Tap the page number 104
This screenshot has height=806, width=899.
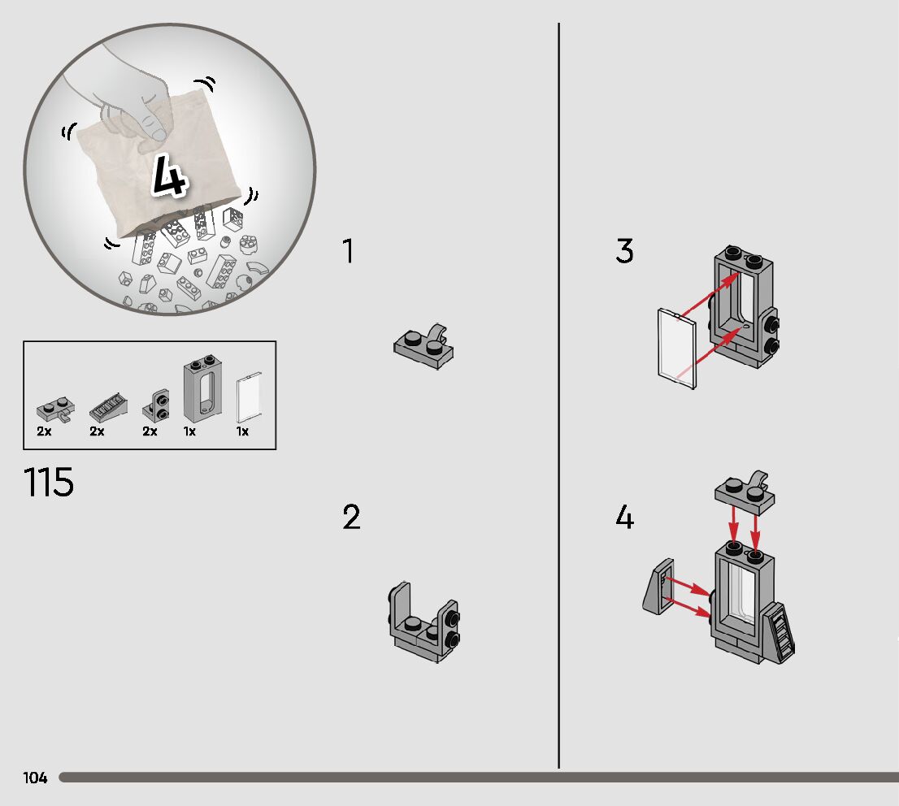(35, 778)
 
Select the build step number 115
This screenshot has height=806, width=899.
(49, 482)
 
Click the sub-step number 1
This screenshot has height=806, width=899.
(348, 252)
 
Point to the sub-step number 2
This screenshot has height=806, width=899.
(351, 518)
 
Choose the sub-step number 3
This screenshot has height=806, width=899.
(624, 252)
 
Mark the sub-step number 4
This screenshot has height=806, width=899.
(624, 518)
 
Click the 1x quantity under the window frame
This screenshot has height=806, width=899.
(189, 431)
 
